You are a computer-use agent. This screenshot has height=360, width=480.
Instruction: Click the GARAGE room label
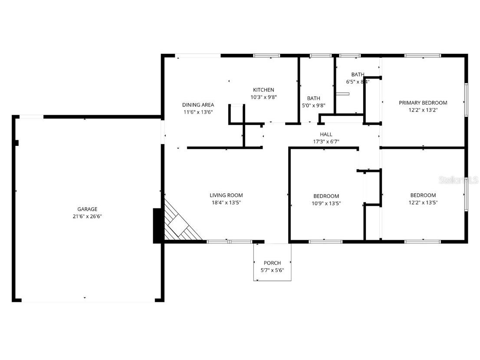pos(87,209)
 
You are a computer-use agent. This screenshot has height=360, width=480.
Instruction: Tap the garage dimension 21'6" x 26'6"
pos(87,216)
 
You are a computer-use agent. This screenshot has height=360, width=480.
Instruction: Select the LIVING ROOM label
pos(226,195)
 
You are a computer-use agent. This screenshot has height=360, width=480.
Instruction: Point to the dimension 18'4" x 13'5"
pos(226,202)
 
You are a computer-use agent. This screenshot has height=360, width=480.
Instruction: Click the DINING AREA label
pos(198,105)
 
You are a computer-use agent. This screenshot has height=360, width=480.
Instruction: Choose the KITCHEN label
pos(263,90)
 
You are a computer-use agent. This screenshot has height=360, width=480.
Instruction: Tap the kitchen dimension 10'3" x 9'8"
pos(263,97)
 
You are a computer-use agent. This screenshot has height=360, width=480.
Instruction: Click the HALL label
pos(326,135)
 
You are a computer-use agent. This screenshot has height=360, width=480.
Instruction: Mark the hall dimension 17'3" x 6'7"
pos(326,142)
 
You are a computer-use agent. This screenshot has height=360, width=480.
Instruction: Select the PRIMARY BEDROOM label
pos(423,103)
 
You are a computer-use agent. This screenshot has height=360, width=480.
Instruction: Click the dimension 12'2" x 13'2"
pos(423,110)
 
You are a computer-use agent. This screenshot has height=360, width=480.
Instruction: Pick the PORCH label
pos(272,263)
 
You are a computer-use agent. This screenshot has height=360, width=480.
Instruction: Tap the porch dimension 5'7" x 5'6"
pos(272,270)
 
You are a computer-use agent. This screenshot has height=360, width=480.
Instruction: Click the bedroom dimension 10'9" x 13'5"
pos(326,203)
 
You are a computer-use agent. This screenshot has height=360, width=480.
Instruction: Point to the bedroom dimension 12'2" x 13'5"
pos(423,202)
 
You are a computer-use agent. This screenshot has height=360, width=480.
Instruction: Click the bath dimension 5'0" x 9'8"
pos(313,106)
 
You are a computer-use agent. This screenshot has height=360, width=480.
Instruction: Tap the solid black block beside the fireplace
pos(157,226)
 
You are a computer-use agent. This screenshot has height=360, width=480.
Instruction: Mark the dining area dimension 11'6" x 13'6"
pos(198,112)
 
